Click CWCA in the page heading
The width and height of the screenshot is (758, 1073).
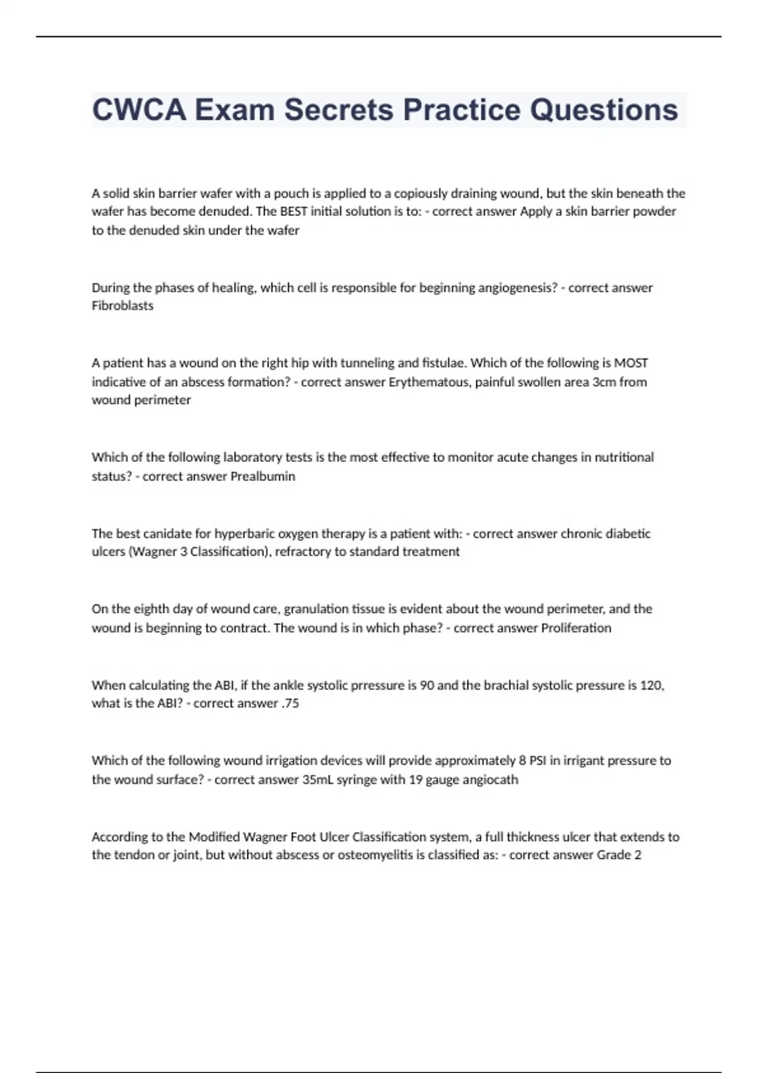(x=139, y=110)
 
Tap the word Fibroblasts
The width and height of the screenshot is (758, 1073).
(x=123, y=305)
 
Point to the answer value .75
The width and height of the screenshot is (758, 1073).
(x=290, y=703)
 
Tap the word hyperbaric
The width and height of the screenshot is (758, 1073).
(x=244, y=533)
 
